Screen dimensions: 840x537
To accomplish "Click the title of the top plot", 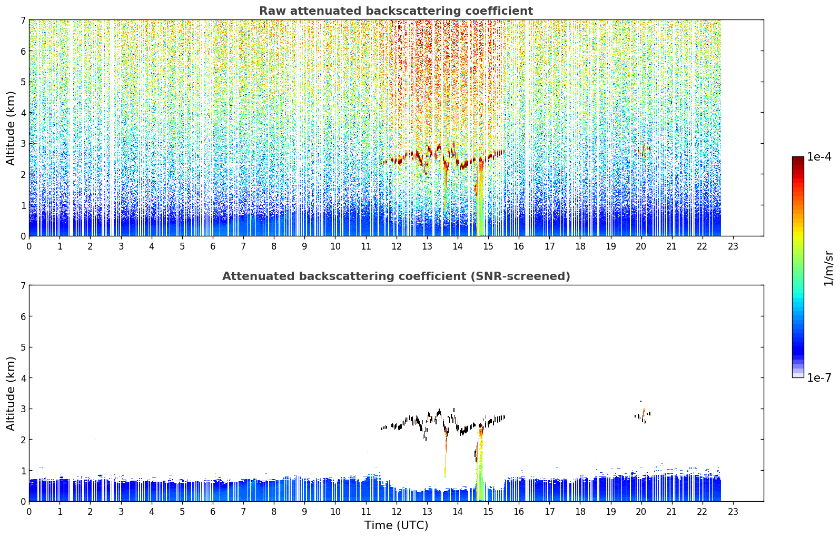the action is [x=396, y=11].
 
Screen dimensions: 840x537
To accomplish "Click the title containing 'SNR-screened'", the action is [x=396, y=276].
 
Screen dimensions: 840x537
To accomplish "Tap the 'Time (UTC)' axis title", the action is [x=396, y=525].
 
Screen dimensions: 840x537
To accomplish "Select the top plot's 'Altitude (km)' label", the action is [x=11, y=128].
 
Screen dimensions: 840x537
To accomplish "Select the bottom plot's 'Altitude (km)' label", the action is [x=11, y=393].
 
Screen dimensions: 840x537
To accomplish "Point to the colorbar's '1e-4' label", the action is [x=819, y=157].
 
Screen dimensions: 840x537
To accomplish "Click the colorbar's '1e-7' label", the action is [x=819, y=377].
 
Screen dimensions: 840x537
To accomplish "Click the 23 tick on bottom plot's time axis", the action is [x=733, y=512].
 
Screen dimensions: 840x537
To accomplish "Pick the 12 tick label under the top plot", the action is [x=397, y=246].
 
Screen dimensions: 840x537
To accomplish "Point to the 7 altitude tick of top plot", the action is [x=23, y=20].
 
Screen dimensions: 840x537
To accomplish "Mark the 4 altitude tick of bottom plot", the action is [x=23, y=378].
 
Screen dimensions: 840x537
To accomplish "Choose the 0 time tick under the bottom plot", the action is [x=29, y=512].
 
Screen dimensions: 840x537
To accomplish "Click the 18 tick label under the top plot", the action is [x=580, y=246].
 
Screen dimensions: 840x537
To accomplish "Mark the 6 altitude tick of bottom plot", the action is [x=23, y=316].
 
